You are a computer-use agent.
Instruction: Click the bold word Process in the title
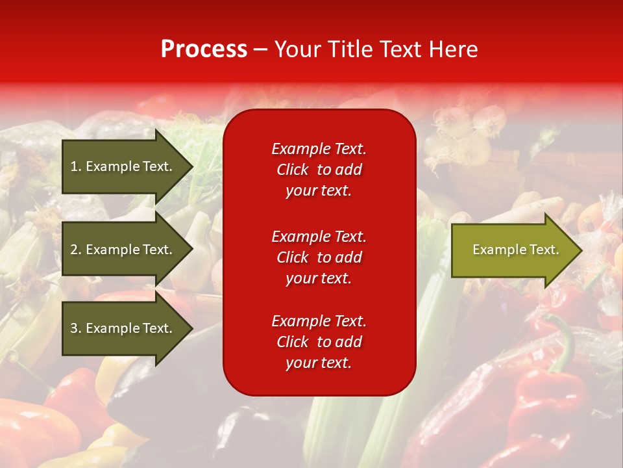(x=204, y=49)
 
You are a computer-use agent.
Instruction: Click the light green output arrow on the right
(x=513, y=250)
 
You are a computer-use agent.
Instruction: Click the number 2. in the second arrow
(x=76, y=250)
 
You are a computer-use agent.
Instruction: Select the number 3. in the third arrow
(x=76, y=328)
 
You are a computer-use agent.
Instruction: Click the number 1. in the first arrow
(x=76, y=166)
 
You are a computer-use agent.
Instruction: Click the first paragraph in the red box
(x=319, y=170)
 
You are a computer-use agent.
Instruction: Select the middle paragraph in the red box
(x=319, y=257)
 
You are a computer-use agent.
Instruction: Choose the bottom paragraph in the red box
(x=319, y=342)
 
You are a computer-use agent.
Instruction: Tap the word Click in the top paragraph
(x=292, y=170)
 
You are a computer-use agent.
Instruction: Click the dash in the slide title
(x=260, y=50)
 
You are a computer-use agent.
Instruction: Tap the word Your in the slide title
(x=297, y=49)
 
